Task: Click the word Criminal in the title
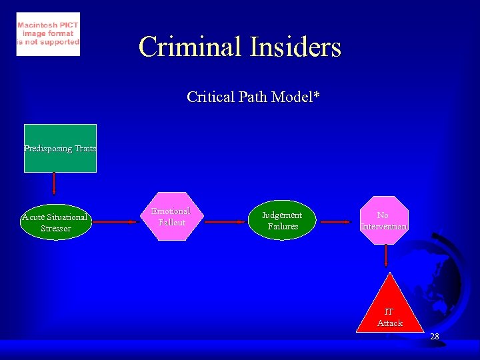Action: coord(190,47)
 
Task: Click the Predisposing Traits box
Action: coord(60,148)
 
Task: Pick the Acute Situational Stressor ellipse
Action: coord(55,223)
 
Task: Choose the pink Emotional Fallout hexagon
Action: coord(171,217)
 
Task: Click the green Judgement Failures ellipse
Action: coord(282,221)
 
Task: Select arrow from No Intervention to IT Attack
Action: coord(386,258)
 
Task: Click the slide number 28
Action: coord(435,337)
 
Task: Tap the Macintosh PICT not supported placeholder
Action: coord(48,33)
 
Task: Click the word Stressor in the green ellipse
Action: coord(55,229)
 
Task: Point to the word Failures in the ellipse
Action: coord(283,227)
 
